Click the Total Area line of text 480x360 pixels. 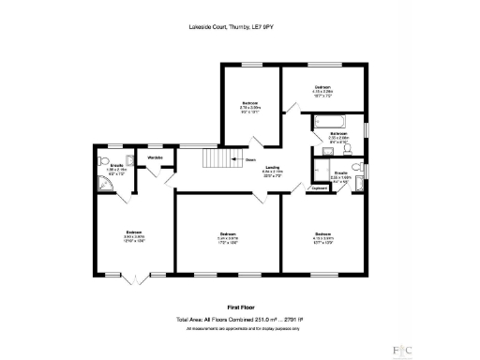coord(240,319)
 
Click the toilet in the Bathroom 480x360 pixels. coord(347,149)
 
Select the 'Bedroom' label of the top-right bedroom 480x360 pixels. coord(323,86)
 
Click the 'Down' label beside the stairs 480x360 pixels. coord(250,159)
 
